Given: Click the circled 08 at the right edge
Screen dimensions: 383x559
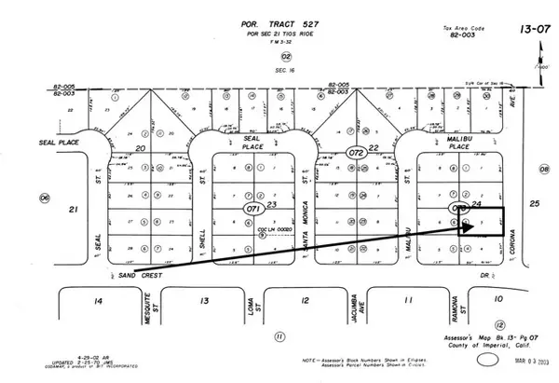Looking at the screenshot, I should coord(544,170).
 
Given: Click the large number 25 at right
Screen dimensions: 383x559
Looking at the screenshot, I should coord(535,203).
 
